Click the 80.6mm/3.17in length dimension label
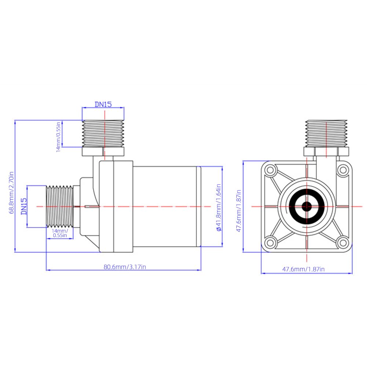(x=125, y=267)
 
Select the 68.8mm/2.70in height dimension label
(x=11, y=193)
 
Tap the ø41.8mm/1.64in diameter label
(x=219, y=208)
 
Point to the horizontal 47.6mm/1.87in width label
(x=304, y=269)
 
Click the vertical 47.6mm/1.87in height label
(x=239, y=211)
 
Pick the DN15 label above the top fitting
(x=103, y=104)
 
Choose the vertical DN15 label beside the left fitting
(x=24, y=206)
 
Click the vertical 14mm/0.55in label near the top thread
(x=58, y=137)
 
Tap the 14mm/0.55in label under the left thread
(x=60, y=233)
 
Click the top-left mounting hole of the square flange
(x=270, y=170)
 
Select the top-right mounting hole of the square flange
(x=343, y=170)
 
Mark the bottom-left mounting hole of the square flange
(x=270, y=243)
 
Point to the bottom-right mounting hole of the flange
(x=343, y=243)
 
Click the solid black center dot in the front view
(x=306, y=206)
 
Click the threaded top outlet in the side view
(x=103, y=134)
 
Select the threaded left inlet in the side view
(x=60, y=206)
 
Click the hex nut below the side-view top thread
(x=103, y=152)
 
